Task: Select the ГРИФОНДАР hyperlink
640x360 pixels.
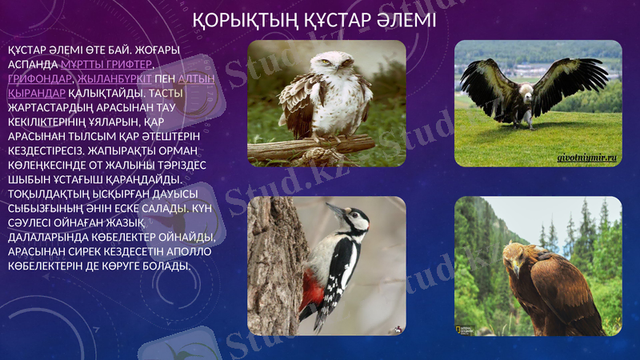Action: pos(39,78)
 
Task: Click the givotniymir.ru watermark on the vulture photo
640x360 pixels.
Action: pos(587,159)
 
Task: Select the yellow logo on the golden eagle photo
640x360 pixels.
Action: pos(459,329)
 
